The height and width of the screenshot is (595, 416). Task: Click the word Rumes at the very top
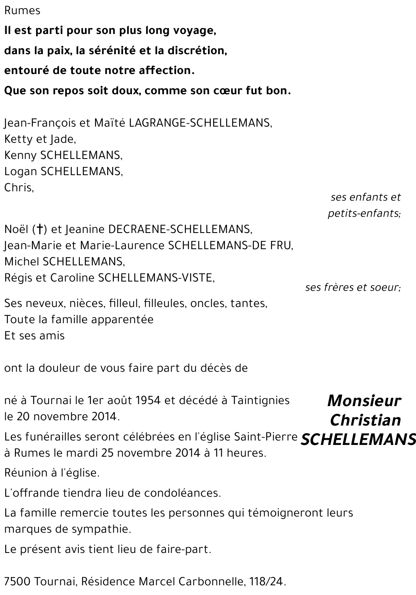click(22, 11)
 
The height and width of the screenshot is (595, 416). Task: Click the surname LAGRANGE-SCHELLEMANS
click(200, 123)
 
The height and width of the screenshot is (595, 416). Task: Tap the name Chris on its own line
click(19, 188)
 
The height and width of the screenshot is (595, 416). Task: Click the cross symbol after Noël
click(40, 229)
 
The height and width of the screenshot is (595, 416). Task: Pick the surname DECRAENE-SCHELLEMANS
click(179, 229)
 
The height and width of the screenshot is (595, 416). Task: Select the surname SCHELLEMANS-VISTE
click(156, 278)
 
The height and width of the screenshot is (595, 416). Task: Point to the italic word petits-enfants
click(363, 213)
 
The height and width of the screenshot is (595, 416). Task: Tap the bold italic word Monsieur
click(364, 401)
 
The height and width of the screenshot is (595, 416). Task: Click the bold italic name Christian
click(365, 420)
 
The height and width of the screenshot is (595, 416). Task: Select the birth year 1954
click(146, 400)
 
